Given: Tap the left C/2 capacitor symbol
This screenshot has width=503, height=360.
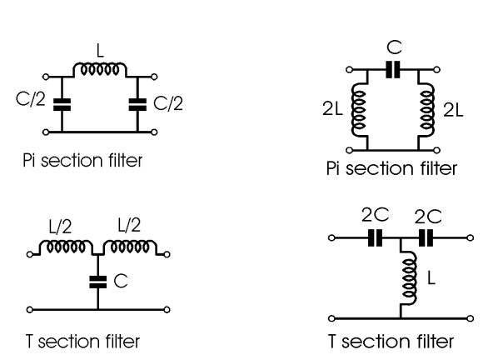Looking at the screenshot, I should coord(59,104).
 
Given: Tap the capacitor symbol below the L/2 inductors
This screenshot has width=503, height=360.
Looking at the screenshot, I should coord(98,282).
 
